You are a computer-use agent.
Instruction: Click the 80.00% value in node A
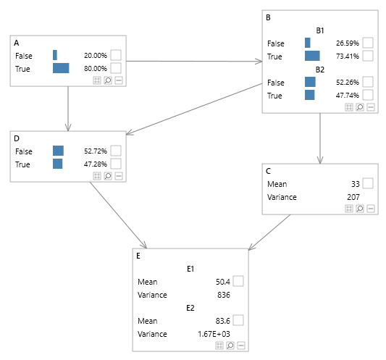click(x=95, y=68)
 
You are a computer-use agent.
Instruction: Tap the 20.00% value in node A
click(x=95, y=55)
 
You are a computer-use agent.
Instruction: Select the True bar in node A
click(x=61, y=68)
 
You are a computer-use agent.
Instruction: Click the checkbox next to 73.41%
click(x=368, y=56)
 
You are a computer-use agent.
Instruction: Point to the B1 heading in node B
click(x=319, y=30)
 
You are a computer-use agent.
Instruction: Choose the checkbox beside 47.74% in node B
click(x=368, y=95)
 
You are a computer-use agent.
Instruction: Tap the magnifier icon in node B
click(x=360, y=106)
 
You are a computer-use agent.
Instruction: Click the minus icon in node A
click(x=119, y=80)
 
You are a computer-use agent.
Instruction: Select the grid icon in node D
click(x=97, y=175)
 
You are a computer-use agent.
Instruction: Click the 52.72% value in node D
click(x=95, y=151)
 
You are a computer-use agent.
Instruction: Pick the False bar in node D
click(x=58, y=151)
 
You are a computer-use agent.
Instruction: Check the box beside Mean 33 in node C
click(x=368, y=184)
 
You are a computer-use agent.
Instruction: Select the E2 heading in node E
click(x=190, y=308)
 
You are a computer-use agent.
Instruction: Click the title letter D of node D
click(x=16, y=138)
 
